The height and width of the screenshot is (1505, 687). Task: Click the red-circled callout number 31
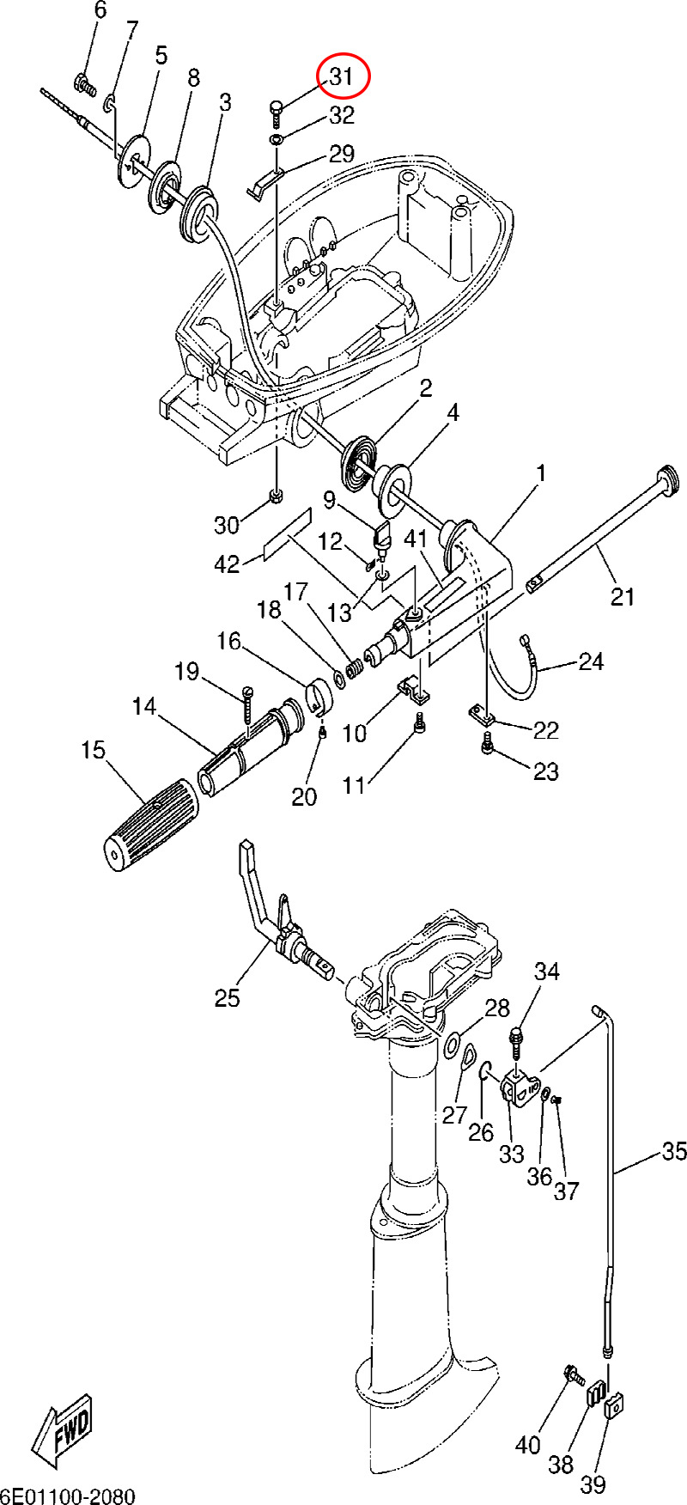342,76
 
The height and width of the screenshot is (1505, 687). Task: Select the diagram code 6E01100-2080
68,1496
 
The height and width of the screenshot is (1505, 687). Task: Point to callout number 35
674,1150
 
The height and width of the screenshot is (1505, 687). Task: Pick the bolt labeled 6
84,84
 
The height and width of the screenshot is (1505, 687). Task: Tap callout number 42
227,564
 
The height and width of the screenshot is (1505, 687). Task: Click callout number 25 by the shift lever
228,997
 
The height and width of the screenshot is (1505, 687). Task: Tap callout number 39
593,1484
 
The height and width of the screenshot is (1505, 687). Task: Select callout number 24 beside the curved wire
591,661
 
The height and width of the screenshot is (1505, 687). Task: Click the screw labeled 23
487,748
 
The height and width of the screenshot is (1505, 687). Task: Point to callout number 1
541,472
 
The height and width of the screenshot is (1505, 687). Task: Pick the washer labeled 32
277,140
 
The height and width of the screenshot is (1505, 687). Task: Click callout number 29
342,155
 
